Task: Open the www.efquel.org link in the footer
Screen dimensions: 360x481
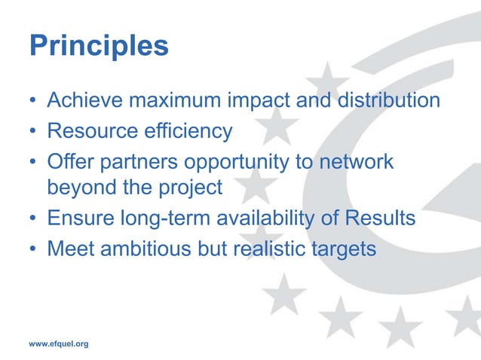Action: tap(59, 343)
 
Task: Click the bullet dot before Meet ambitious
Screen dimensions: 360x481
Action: tap(33, 249)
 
